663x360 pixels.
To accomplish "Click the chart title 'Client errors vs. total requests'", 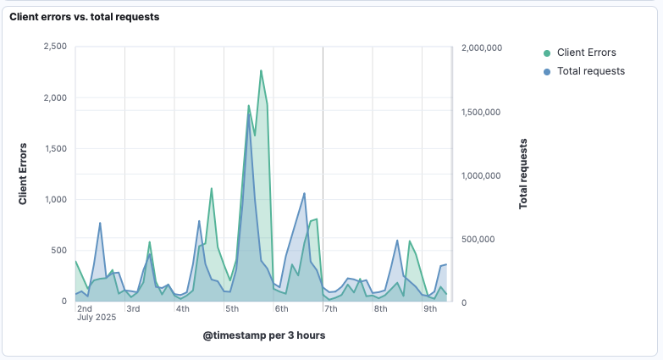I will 84,16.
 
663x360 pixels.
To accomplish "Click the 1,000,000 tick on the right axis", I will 482,175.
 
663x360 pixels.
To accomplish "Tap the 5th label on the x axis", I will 232,308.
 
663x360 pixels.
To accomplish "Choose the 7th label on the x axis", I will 331,308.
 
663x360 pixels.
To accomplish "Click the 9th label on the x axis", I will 430,308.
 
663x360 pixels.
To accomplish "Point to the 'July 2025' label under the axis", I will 96,318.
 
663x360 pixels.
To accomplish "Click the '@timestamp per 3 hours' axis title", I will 264,335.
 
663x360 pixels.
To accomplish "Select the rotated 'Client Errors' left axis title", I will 24,174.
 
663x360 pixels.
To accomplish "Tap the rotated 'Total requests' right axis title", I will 523,174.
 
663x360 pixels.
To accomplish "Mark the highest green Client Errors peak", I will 261,70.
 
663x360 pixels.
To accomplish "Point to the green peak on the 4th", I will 212,189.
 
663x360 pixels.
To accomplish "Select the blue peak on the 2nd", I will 100,223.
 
